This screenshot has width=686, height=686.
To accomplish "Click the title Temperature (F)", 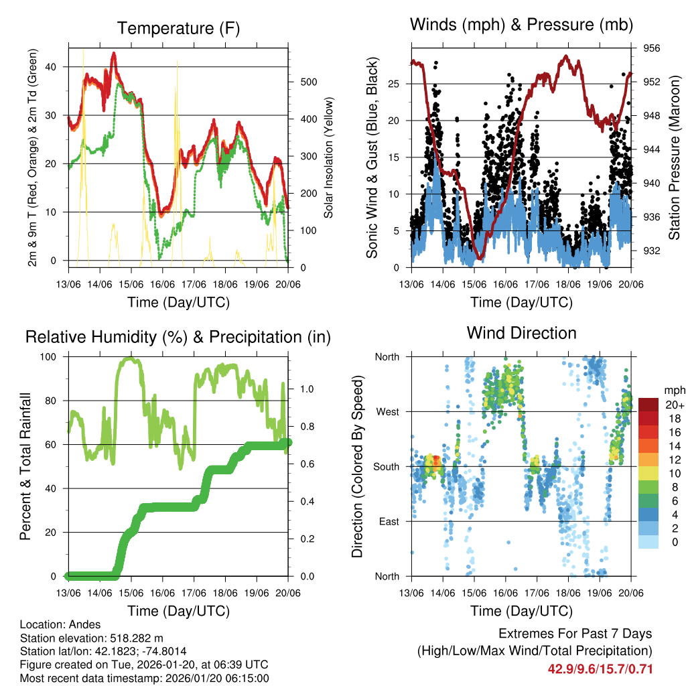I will (x=178, y=28).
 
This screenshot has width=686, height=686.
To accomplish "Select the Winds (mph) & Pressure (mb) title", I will (x=521, y=25).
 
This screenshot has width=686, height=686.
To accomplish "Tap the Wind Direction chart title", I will (x=521, y=332).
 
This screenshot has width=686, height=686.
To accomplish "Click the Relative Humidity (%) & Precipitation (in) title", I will (x=178, y=337).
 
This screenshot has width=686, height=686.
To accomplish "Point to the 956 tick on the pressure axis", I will (x=652, y=48).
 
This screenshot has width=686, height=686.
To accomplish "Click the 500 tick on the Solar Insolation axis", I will (x=307, y=82).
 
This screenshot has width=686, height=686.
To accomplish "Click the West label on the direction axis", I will (x=387, y=411).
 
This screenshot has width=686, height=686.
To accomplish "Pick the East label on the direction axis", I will (x=388, y=521).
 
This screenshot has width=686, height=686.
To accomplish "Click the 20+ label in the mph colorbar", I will (x=673, y=405).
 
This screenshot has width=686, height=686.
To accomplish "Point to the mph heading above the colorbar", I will (x=673, y=390).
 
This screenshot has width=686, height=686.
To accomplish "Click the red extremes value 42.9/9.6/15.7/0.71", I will (x=600, y=669).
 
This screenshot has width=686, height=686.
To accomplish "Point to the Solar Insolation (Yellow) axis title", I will (x=329, y=157).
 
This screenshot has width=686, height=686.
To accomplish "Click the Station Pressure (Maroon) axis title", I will (x=674, y=157).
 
